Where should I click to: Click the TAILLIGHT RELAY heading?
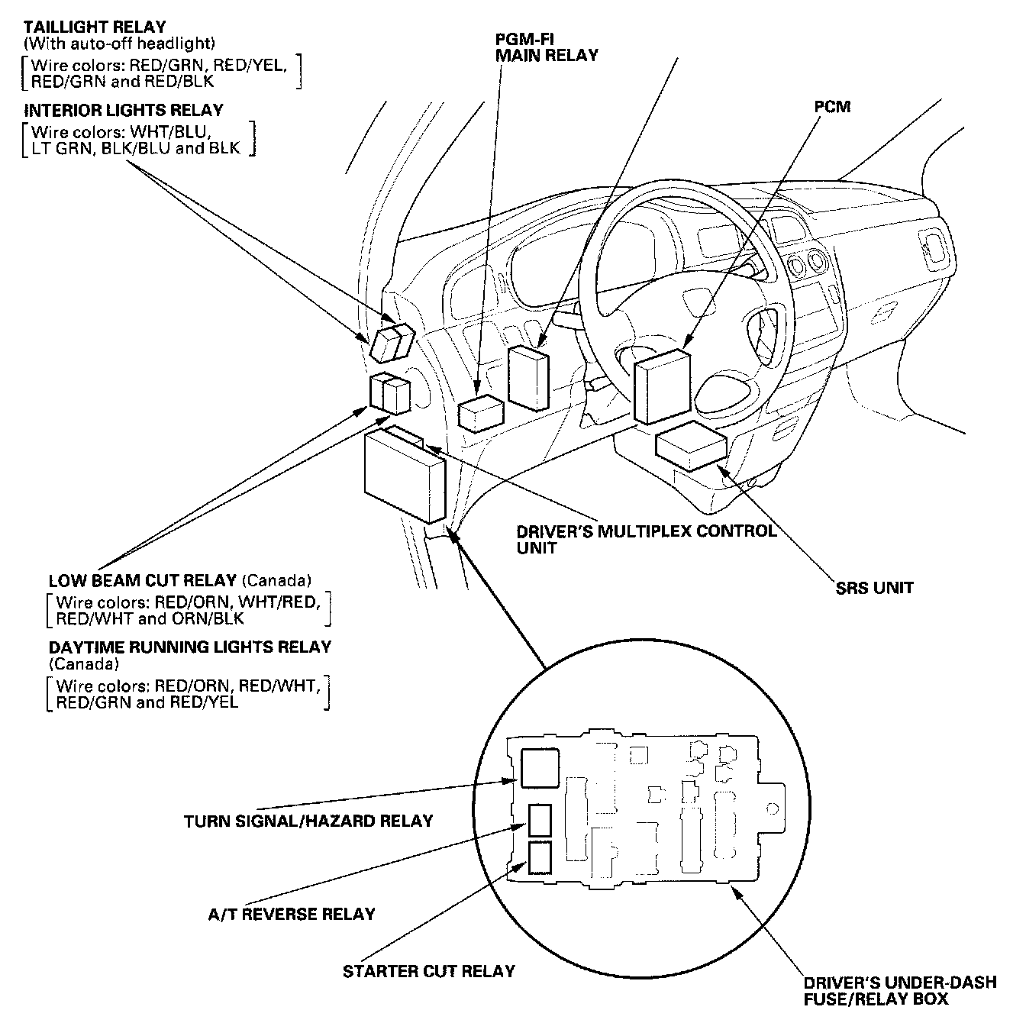(95, 27)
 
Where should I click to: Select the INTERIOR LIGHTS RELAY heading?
(124, 110)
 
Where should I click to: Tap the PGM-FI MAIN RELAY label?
(547, 47)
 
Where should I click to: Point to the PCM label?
(832, 107)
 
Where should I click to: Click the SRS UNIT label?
(874, 588)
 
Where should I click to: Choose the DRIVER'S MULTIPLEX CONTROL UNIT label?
(647, 540)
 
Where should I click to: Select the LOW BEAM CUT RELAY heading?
(142, 580)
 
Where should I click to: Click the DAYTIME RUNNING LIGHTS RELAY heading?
(189, 647)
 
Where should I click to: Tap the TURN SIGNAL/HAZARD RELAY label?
(308, 821)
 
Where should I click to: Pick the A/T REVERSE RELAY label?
(292, 915)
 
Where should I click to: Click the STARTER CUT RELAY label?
(428, 971)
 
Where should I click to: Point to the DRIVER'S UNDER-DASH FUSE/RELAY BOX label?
(900, 990)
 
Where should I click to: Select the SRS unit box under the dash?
(691, 446)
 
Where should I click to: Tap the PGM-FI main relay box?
(480, 413)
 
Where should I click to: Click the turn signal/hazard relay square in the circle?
(540, 768)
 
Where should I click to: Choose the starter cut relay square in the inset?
(540, 858)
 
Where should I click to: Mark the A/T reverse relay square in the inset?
(540, 820)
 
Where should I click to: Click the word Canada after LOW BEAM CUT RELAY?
(276, 580)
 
